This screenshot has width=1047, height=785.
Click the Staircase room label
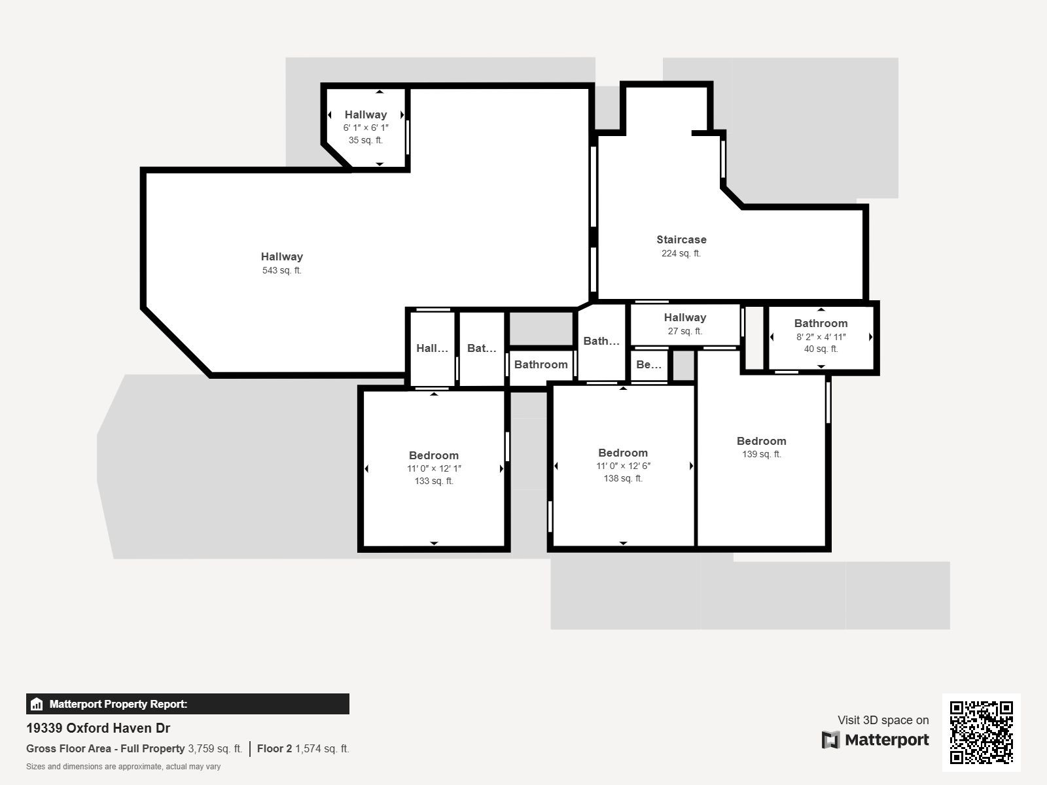coord(681,239)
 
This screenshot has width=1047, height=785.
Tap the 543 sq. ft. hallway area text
coord(281,270)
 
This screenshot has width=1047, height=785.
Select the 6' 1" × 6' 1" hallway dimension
coord(366,128)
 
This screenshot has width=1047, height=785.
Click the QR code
coord(981,732)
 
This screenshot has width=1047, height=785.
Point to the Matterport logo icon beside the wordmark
coord(830,740)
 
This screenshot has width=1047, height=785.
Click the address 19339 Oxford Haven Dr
coord(98,728)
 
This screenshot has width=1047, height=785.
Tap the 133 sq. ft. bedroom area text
coord(433,481)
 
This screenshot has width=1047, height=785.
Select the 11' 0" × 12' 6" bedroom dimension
coord(623,466)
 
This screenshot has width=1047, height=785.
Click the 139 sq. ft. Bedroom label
coord(761,441)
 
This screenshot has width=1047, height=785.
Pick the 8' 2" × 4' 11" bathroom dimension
coord(821,336)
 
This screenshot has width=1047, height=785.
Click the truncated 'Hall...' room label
coord(432,348)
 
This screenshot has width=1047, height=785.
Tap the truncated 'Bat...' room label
coord(482,348)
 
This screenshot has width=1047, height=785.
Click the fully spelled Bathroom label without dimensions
coord(541,364)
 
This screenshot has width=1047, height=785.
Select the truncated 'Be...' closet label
coord(648,364)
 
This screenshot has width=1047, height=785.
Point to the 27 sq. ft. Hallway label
coord(684,317)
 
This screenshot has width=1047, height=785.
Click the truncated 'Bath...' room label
coord(601,341)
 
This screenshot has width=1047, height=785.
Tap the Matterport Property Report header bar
coord(187,704)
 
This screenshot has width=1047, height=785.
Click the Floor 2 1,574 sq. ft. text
coord(303,748)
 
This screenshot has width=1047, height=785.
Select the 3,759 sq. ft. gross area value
coord(215,748)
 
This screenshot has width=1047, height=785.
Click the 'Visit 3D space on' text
coord(883,720)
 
